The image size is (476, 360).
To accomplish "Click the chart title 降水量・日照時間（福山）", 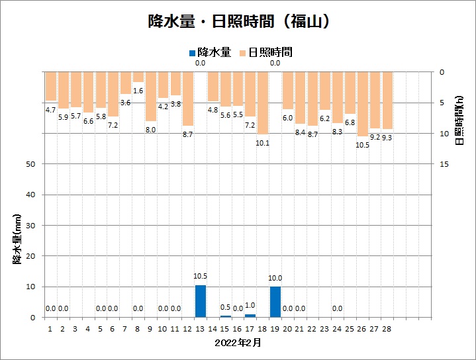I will click(x=238, y=21).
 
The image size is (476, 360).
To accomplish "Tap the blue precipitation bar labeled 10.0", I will click(x=275, y=302).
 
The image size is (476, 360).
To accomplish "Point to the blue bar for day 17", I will click(x=250, y=316).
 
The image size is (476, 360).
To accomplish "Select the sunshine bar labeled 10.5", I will click(x=362, y=104).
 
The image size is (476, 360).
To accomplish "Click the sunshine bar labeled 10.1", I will click(x=263, y=103).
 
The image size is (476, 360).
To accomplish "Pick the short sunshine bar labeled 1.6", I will click(x=138, y=77).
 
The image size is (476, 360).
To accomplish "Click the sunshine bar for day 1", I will click(x=50, y=86).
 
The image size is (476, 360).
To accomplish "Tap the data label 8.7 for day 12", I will click(x=188, y=134).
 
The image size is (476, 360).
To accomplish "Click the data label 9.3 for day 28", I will click(x=387, y=138).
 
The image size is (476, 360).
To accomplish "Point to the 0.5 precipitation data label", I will click(x=226, y=308).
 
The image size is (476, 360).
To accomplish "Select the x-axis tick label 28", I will click(x=387, y=328).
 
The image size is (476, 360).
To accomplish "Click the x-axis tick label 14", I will click(x=213, y=328).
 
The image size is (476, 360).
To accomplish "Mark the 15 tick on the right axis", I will click(x=445, y=164).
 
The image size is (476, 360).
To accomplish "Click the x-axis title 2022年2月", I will click(x=238, y=343).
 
